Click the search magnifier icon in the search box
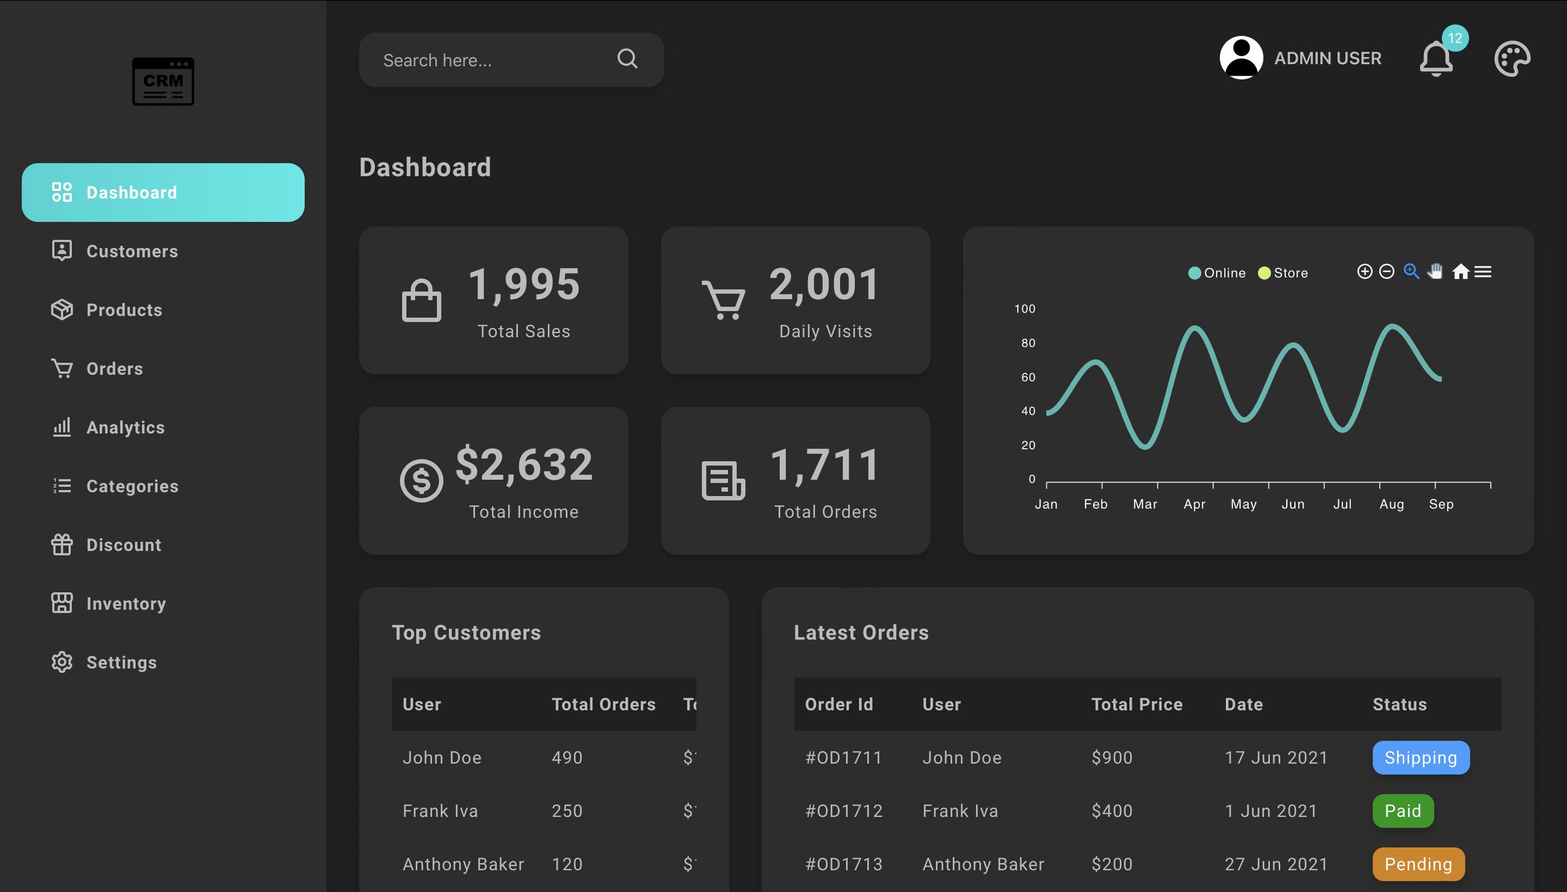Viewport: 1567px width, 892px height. click(627, 59)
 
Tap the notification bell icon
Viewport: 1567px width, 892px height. click(1435, 59)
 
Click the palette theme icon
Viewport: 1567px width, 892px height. click(1512, 59)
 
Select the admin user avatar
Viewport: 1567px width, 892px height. click(1241, 58)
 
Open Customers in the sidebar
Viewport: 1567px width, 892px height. click(132, 251)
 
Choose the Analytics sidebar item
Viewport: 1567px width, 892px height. click(125, 428)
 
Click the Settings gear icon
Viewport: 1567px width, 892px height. click(62, 662)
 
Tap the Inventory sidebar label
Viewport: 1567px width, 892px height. click(126, 604)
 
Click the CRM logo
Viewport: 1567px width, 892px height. click(163, 82)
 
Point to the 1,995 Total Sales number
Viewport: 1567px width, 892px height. click(524, 285)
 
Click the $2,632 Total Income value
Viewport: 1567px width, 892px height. click(524, 465)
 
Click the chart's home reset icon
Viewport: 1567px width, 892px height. click(1460, 271)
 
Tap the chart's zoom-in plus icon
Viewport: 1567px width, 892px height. click(1364, 271)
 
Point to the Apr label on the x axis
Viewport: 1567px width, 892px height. click(1194, 504)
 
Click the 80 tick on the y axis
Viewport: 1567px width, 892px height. click(1028, 343)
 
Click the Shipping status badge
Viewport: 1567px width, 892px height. click(1421, 758)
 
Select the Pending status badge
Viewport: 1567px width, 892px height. click(1418, 864)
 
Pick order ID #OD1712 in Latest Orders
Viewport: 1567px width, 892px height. click(844, 811)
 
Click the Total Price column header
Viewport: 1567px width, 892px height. click(1137, 704)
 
